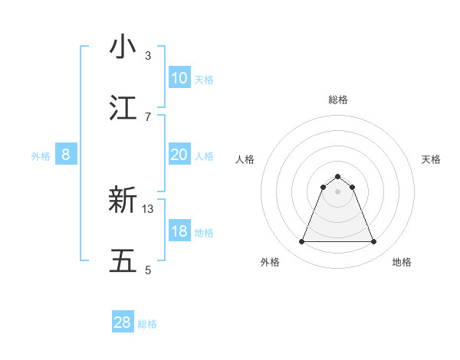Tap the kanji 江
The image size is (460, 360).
[123, 108]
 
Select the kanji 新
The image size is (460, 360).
[123, 200]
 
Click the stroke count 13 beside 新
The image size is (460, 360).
[148, 208]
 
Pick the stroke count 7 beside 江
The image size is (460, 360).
[148, 116]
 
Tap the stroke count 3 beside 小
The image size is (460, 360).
[148, 55]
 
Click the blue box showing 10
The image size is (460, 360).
[179, 78]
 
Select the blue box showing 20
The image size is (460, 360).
[179, 155]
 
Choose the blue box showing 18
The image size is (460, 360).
[179, 231]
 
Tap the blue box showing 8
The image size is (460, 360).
[66, 155]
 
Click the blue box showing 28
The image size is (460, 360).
[123, 322]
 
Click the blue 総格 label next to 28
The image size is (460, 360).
[147, 324]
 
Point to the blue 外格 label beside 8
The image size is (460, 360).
[41, 156]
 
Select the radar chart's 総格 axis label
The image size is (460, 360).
[338, 100]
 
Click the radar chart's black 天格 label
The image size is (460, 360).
[431, 159]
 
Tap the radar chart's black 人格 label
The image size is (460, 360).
[245, 159]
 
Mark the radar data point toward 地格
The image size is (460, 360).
[374, 242]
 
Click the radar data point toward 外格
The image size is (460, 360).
[301, 242]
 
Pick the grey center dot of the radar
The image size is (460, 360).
[338, 191]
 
